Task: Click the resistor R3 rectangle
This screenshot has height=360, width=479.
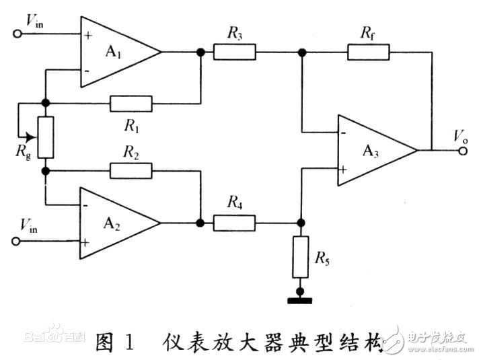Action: pyautogui.click(x=235, y=52)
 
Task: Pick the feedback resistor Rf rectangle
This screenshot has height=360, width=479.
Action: pyautogui.click(x=369, y=52)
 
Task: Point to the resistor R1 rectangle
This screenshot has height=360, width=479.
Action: pyautogui.click(x=131, y=104)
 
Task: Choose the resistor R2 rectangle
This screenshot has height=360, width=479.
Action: pyautogui.click(x=131, y=170)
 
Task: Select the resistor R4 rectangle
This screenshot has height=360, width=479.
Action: pyautogui.click(x=235, y=223)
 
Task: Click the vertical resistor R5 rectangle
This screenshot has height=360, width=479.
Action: pyautogui.click(x=300, y=257)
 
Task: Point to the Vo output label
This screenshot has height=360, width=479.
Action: pyautogui.click(x=460, y=137)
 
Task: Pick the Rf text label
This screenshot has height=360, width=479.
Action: pyautogui.click(x=368, y=31)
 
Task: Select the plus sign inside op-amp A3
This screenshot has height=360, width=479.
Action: pyautogui.click(x=344, y=171)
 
